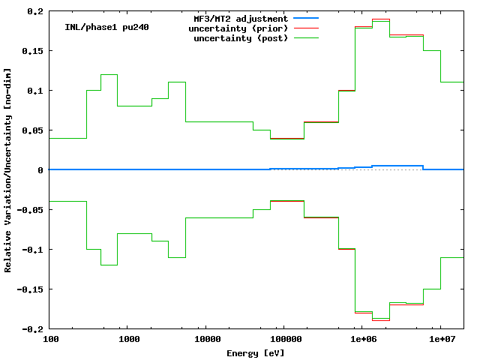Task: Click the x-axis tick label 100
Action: pyautogui.click(x=51, y=340)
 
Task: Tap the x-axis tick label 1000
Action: pyautogui.click(x=129, y=340)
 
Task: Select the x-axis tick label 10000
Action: pyautogui.click(x=208, y=340)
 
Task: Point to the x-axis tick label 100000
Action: pyautogui.click(x=286, y=340)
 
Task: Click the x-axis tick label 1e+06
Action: pyautogui.click(x=364, y=340)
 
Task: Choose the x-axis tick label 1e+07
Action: pyautogui.click(x=442, y=340)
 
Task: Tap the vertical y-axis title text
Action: pyautogui.click(x=8, y=170)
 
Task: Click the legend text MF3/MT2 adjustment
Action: pyautogui.click(x=241, y=19)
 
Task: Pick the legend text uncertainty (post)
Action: pyautogui.click(x=241, y=38)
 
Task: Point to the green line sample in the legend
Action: pyautogui.click(x=307, y=38)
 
